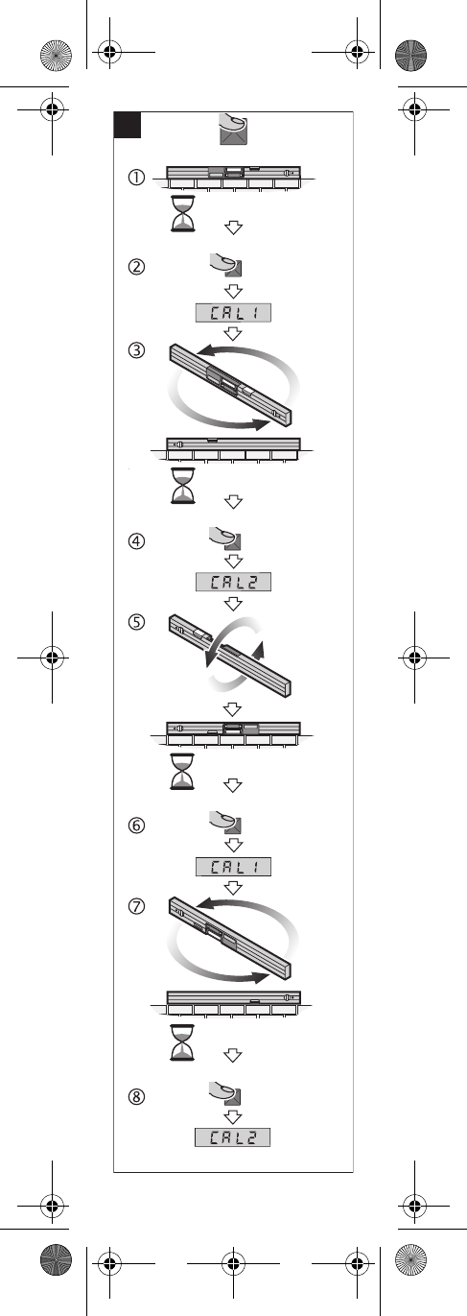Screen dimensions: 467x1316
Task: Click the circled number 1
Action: point(136,177)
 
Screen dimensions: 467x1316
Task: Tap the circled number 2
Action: point(136,267)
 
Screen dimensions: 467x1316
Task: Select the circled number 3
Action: point(136,350)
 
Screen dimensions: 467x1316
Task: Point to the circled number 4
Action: point(136,540)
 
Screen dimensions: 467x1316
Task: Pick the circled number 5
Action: point(136,622)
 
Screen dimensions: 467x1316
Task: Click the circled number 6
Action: point(136,825)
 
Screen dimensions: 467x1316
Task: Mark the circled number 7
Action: point(136,906)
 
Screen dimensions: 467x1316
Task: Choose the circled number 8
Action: point(136,1096)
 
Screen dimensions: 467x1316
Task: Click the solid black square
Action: point(128,125)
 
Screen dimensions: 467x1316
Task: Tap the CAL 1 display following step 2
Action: point(234,313)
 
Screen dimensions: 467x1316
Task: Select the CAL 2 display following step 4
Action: point(234,582)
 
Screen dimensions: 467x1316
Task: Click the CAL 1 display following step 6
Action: point(234,867)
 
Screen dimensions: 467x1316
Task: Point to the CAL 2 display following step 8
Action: point(233,1137)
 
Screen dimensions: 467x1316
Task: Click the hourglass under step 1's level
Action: point(182,214)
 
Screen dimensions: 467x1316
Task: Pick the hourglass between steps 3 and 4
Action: point(182,486)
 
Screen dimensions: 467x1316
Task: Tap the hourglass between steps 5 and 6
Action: point(182,772)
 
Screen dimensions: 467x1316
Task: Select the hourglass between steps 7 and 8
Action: point(182,1042)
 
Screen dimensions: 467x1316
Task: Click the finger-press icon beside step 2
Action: point(226,265)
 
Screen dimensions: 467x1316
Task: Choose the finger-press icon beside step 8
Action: point(225,1093)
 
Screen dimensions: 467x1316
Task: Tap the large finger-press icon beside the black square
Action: point(233,129)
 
